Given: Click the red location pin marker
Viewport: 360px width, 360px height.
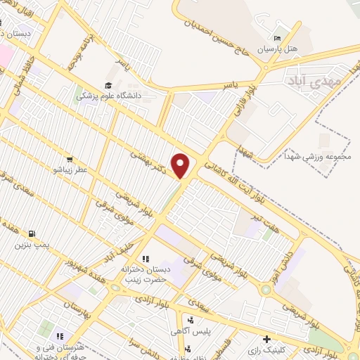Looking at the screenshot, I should click(181, 166).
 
